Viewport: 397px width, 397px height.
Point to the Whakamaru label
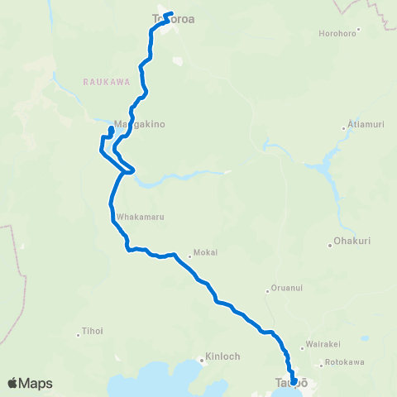pyautogui.click(x=141, y=217)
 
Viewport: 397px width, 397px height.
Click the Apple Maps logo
pyautogui.click(x=30, y=383)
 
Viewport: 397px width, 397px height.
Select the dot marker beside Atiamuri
pyautogui.click(x=344, y=128)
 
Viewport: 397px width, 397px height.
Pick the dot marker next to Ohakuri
pyautogui.click(x=329, y=244)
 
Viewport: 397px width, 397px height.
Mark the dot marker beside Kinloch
pyautogui.click(x=201, y=359)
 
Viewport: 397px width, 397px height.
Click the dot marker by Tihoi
pyautogui.click(x=77, y=333)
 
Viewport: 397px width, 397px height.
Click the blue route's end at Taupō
pyautogui.click(x=294, y=382)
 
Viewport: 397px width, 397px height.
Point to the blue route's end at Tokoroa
pyautogui.click(x=170, y=14)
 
